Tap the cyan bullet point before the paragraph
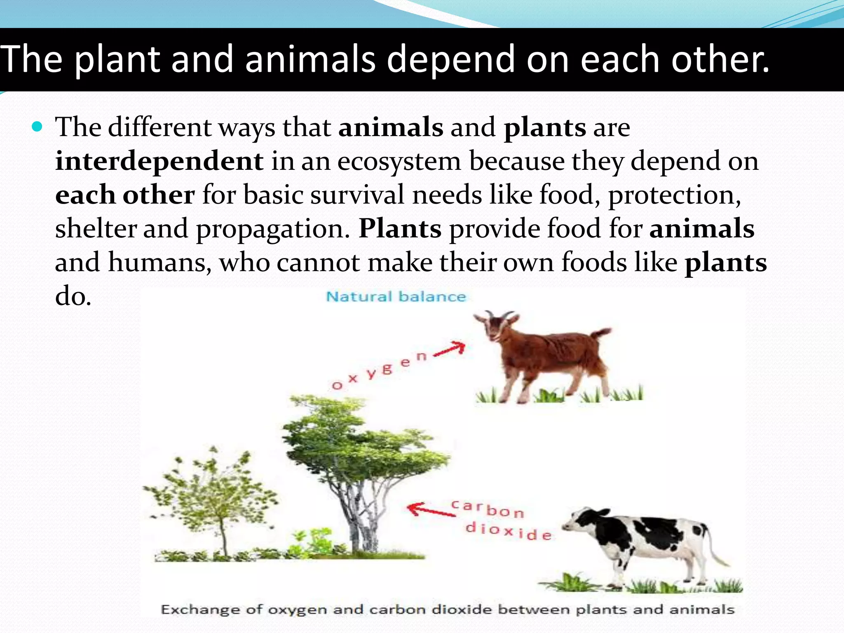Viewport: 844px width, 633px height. (x=37, y=127)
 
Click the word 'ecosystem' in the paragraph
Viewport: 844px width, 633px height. (x=399, y=161)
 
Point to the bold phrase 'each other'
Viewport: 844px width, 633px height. (x=125, y=195)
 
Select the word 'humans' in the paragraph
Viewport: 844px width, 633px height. (x=159, y=262)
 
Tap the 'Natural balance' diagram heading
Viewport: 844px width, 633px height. (x=396, y=297)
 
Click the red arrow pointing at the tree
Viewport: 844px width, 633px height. (x=429, y=509)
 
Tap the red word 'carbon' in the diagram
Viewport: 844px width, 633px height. (x=487, y=509)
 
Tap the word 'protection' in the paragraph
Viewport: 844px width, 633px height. (x=673, y=195)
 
